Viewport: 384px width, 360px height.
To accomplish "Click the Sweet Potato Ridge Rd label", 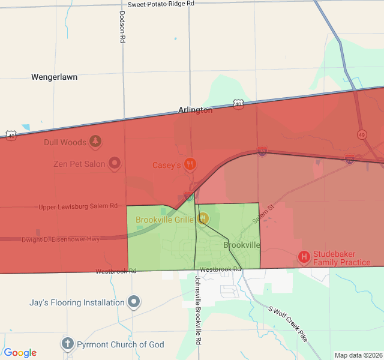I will (161, 4).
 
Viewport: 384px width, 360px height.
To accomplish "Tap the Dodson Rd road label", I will (122, 27).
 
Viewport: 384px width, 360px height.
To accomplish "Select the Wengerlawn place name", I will (55, 77).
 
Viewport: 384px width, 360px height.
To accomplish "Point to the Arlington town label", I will (195, 110).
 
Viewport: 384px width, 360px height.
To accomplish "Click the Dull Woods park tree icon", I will (95, 142).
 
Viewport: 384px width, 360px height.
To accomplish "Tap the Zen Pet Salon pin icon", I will (115, 163).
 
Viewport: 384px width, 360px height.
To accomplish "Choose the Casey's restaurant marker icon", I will (190, 164).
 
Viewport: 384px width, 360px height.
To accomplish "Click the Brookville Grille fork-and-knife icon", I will (203, 219).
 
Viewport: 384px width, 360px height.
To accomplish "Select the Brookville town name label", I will (242, 245).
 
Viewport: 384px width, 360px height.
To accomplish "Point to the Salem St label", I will (263, 214).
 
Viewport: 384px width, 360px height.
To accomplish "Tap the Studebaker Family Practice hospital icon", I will (304, 257).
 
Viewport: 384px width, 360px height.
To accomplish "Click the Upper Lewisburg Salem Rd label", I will (78, 206).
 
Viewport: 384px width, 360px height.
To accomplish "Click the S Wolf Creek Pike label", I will (288, 324).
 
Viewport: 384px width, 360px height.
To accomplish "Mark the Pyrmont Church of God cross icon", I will (68, 344).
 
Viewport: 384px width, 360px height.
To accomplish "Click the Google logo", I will (20, 353).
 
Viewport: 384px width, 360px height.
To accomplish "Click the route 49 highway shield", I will (361, 134).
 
